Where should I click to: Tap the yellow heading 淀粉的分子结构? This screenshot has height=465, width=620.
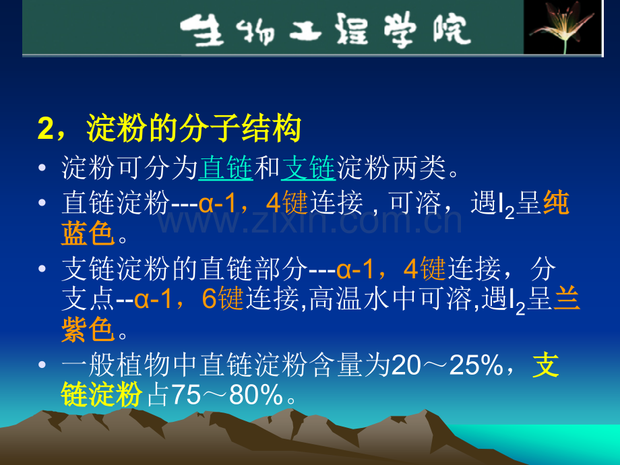point(193,129)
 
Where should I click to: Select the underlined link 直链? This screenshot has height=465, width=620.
point(226,168)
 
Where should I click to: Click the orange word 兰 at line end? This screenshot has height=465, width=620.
point(567,299)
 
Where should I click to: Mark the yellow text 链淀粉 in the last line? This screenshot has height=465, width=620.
point(101,396)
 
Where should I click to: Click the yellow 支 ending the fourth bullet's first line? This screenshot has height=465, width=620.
point(547,365)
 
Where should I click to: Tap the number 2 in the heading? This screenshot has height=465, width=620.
point(45,129)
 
